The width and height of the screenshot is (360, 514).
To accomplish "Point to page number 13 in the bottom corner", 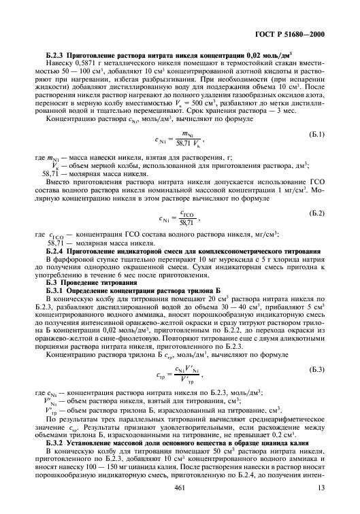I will (329, 488).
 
